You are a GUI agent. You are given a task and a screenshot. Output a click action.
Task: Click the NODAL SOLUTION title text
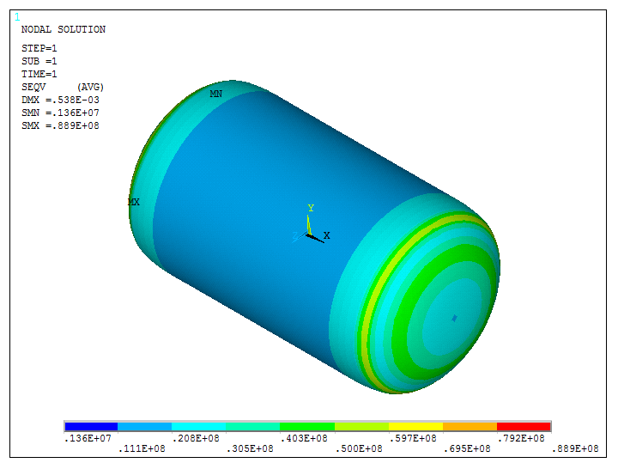(x=63, y=29)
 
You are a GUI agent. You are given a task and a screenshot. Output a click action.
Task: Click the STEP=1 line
(x=39, y=48)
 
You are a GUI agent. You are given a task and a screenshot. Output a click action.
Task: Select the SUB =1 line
(x=39, y=61)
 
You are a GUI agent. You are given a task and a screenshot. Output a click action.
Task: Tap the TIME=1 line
(x=39, y=74)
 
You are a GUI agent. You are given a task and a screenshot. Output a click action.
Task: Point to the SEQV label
(x=33, y=87)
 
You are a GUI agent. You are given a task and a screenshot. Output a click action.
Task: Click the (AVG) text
(x=90, y=87)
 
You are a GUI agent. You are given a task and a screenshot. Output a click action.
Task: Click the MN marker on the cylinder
(x=216, y=94)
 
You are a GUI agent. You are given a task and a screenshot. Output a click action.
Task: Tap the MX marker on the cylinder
(x=134, y=202)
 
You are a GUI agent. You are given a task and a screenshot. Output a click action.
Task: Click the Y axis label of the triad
(x=311, y=208)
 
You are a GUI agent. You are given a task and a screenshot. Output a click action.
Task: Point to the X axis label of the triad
(x=327, y=235)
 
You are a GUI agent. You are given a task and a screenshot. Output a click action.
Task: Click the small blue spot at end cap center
(x=454, y=318)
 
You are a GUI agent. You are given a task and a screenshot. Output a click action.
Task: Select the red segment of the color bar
(x=524, y=426)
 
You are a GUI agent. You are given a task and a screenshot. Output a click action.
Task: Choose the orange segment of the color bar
(x=470, y=426)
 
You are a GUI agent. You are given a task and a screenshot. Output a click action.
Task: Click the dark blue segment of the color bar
(x=91, y=426)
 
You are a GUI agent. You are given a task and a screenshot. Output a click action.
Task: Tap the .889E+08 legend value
(x=576, y=448)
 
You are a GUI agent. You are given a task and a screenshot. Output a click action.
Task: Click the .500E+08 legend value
(x=360, y=448)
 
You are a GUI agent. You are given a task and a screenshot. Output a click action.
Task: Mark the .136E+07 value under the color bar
(x=88, y=438)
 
